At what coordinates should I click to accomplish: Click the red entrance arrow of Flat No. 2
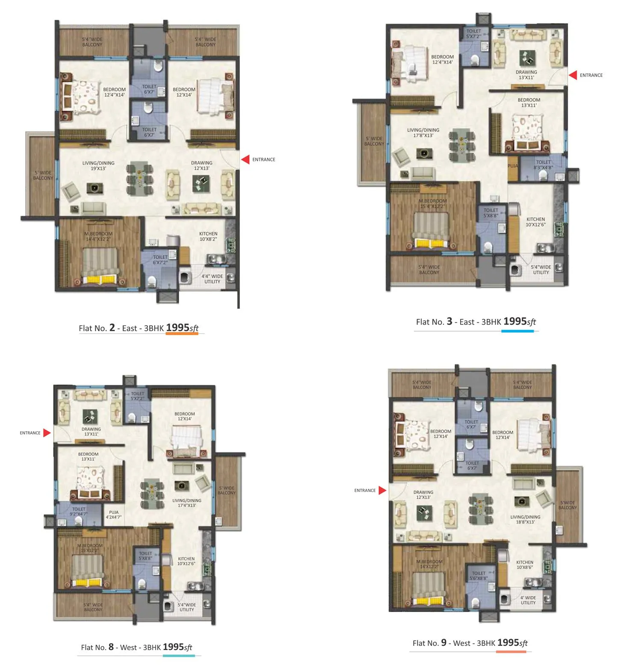point(245,159)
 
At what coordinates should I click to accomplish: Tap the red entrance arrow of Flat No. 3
point(573,75)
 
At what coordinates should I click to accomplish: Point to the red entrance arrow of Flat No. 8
point(47,433)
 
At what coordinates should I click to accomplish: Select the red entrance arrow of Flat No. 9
point(382,490)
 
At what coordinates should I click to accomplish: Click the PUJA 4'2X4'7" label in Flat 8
point(114,515)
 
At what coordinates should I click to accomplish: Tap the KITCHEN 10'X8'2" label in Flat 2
point(208,236)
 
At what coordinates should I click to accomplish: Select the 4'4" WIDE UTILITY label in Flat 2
point(212,279)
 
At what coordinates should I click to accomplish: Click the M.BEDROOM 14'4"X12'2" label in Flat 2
point(98,236)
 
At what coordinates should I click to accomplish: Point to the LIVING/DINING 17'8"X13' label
point(423,132)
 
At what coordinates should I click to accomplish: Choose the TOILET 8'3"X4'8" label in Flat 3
point(543,165)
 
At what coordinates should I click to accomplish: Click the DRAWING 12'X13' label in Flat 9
point(423,494)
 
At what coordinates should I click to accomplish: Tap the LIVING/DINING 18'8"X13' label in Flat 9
point(525,519)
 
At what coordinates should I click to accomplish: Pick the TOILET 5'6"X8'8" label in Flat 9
point(479,576)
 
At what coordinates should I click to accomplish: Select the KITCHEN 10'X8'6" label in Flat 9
point(525,565)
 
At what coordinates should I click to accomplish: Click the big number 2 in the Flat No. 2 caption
point(112,327)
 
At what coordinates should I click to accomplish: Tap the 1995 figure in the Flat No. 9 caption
point(508,642)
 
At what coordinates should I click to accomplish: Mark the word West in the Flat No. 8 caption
point(129,647)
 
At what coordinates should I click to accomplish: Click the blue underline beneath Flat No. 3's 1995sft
point(517,331)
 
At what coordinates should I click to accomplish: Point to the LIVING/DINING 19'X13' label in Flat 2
point(98,165)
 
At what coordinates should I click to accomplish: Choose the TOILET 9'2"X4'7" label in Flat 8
point(79,511)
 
